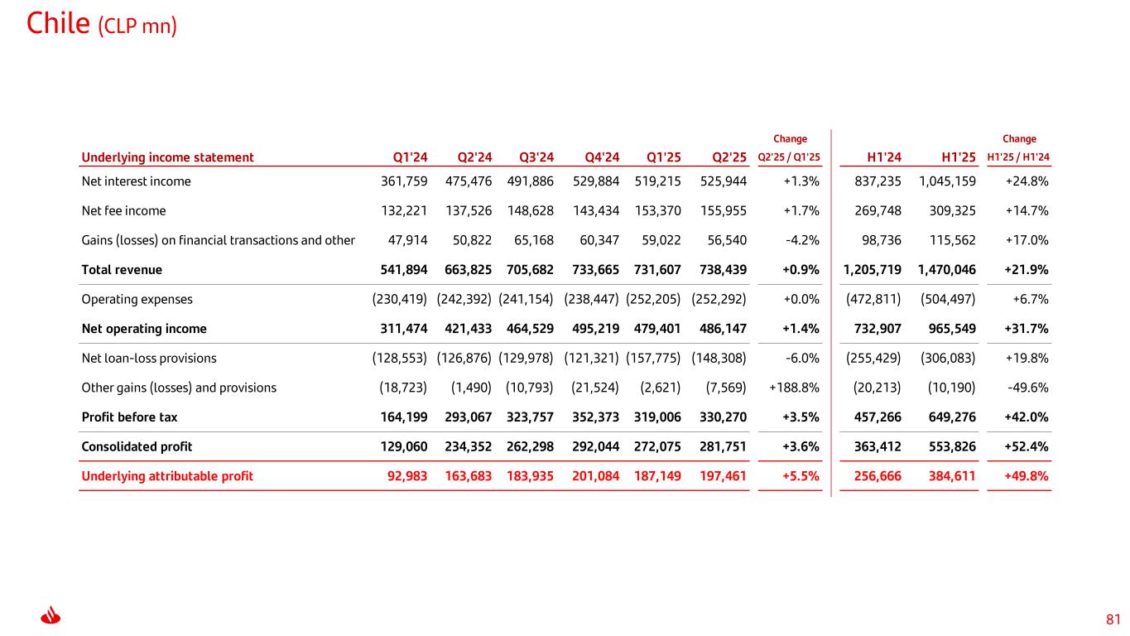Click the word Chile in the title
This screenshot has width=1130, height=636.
pos(58,24)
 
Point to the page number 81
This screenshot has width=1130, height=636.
pos(1113,619)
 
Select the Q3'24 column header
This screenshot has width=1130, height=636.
pos(536,157)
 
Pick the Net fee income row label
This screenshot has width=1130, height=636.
pos(123,210)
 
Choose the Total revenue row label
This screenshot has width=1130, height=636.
pos(122,269)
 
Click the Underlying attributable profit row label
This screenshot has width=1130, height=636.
pos(167,475)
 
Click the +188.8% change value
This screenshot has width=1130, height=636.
pos(795,388)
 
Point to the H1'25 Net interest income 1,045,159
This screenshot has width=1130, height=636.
pos(947,181)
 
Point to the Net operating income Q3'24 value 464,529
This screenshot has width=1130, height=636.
pos(530,329)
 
